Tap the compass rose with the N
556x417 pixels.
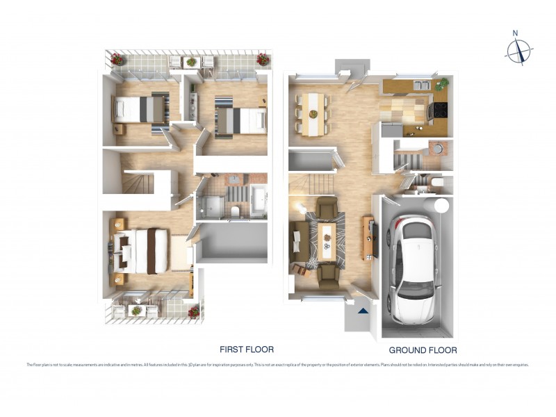coord(518,50)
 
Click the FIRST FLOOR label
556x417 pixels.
coord(247,350)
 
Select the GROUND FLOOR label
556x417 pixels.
coord(423,350)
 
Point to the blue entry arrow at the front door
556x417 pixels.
coord(362,311)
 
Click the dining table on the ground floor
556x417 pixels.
coord(313,113)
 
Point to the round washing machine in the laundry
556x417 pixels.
coord(438,147)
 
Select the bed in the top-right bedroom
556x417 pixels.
coord(240,120)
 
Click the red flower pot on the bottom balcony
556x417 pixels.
coord(191,311)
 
